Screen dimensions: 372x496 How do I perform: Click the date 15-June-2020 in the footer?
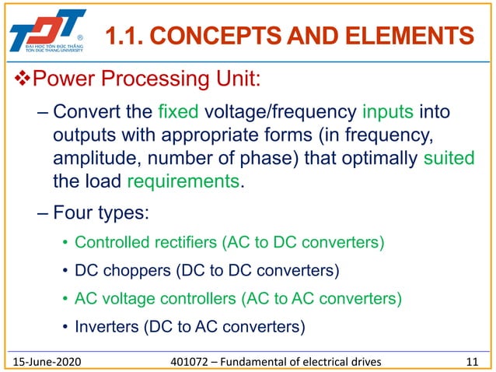point(53,360)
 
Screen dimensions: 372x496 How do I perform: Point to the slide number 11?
point(471,360)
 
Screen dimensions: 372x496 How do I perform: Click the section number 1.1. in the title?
point(122,35)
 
